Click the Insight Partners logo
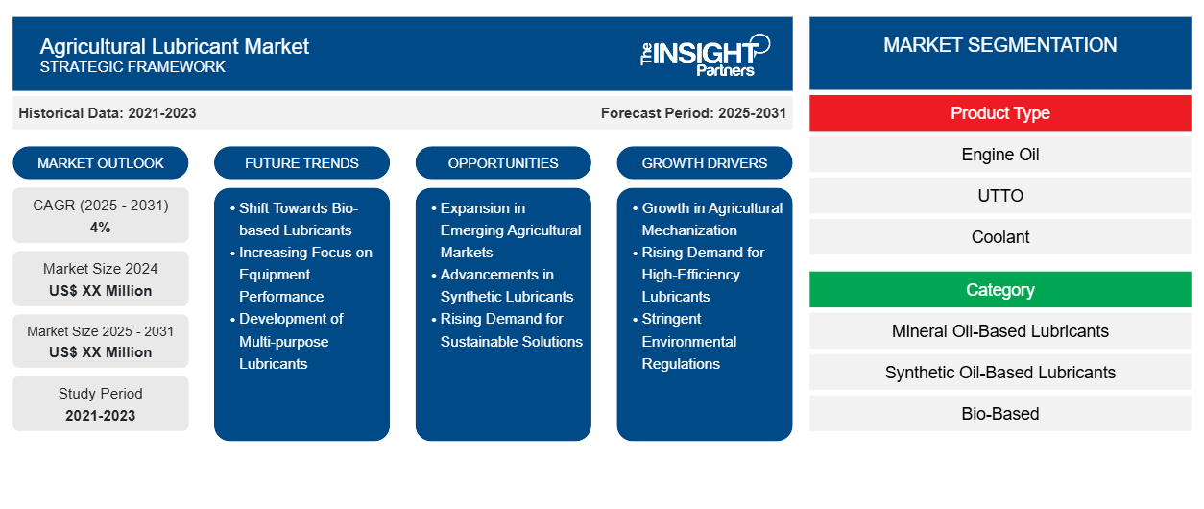click(x=705, y=56)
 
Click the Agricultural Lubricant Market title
click(x=174, y=47)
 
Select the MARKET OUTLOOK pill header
click(x=101, y=163)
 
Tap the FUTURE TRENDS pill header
click(x=301, y=163)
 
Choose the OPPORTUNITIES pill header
click(x=503, y=163)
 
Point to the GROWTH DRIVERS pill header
click(x=704, y=163)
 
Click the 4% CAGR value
click(x=101, y=228)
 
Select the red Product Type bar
click(x=1000, y=113)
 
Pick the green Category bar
click(x=1000, y=290)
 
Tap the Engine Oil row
click(x=1000, y=155)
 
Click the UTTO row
click(x=1000, y=196)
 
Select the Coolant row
click(x=1000, y=237)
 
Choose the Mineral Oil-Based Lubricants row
click(x=1000, y=331)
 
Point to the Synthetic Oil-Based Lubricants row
click(x=1000, y=373)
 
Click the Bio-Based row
click(x=1000, y=414)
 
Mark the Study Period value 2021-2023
click(x=101, y=416)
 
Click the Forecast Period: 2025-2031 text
click(x=693, y=113)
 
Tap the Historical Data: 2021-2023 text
click(x=108, y=113)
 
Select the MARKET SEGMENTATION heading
click(x=1000, y=45)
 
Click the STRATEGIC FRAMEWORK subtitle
click(x=132, y=67)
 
